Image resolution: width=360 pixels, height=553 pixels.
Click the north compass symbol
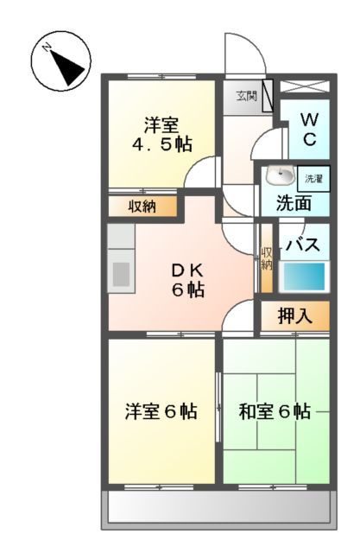tap(61, 61)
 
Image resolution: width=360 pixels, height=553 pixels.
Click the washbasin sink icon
tap(280, 176)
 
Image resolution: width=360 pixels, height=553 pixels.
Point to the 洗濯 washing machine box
tap(314, 179)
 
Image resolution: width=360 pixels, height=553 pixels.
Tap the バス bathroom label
tap(302, 243)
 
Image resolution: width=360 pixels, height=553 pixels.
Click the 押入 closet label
tap(294, 316)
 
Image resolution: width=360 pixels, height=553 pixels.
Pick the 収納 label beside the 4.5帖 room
tap(142, 207)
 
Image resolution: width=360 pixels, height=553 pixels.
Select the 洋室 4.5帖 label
tap(161, 133)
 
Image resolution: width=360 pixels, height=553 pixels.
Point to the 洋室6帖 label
tap(161, 411)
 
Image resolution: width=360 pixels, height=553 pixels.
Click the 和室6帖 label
tap(275, 411)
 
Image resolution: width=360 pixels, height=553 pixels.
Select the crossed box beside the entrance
tap(304, 88)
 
